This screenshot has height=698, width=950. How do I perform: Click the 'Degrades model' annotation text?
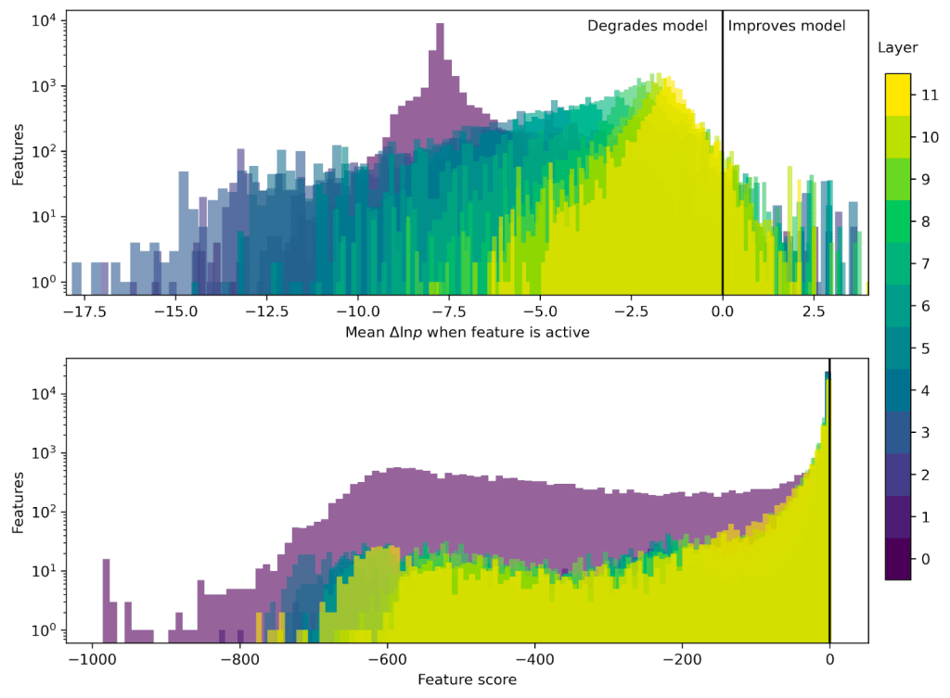pos(647,26)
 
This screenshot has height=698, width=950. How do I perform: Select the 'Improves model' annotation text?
pos(786,26)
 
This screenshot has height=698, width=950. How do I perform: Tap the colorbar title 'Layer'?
pos(897,47)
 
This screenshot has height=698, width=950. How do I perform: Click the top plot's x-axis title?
pos(467,332)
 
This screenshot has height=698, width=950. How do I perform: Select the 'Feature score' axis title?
pos(467,679)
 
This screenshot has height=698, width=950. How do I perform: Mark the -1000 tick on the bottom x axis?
pos(90,660)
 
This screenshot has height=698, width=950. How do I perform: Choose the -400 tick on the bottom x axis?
pos(534,660)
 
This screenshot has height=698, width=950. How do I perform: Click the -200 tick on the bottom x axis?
pos(682,660)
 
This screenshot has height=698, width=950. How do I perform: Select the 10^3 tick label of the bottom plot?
pos(44,452)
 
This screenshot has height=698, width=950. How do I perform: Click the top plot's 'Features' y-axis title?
pos(18,154)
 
